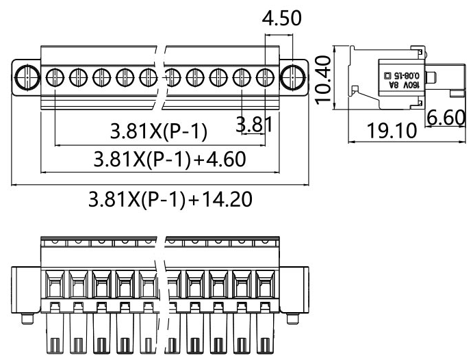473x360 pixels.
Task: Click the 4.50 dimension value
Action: (x=281, y=18)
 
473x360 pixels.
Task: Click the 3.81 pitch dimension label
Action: (x=253, y=125)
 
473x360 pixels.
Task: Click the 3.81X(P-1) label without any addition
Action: (x=159, y=130)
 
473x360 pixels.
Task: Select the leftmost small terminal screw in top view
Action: (x=54, y=76)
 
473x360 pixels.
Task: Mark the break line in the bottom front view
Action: (x=164, y=294)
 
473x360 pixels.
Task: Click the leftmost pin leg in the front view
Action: (x=55, y=336)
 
